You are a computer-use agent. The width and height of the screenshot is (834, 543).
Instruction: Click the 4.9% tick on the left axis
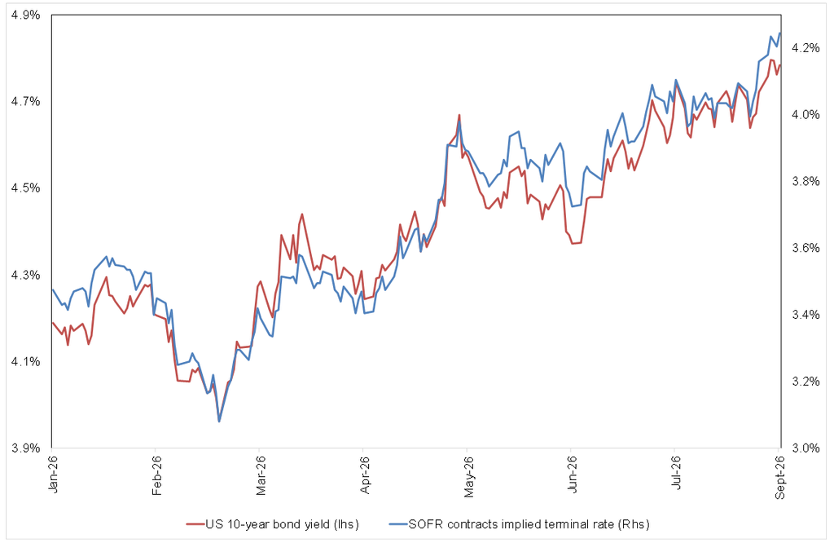click(25, 15)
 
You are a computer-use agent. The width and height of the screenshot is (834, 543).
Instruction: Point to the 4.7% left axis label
click(25, 101)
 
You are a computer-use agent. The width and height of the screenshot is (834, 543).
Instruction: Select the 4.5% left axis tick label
click(25, 188)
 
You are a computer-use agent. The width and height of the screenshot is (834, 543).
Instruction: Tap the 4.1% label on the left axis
click(25, 361)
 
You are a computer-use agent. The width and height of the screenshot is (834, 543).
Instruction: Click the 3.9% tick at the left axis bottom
click(25, 448)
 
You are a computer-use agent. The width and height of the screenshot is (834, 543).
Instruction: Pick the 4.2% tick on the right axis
click(805, 48)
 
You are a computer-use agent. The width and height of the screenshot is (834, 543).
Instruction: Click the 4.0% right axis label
click(805, 114)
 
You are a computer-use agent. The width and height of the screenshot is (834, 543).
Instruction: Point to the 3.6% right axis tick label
click(805, 248)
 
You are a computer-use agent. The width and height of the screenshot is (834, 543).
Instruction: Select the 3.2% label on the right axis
click(805, 382)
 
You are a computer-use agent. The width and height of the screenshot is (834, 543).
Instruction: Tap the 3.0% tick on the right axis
click(805, 448)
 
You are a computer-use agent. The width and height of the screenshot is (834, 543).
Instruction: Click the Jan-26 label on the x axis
click(52, 474)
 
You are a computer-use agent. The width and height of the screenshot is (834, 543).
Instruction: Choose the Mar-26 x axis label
click(260, 475)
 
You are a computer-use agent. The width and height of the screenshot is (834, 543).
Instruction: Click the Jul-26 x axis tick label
click(676, 472)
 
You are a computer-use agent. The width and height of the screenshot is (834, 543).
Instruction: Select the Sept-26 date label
click(779, 477)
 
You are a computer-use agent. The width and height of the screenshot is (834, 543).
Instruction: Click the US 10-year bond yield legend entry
click(272, 524)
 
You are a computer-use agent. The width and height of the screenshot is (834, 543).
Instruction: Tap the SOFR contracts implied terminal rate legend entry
click(519, 524)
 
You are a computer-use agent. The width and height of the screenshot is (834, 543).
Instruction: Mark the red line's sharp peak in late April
click(459, 115)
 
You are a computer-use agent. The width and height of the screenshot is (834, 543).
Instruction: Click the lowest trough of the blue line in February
click(219, 422)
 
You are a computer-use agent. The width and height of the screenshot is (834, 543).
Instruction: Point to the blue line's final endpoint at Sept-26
click(779, 33)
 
